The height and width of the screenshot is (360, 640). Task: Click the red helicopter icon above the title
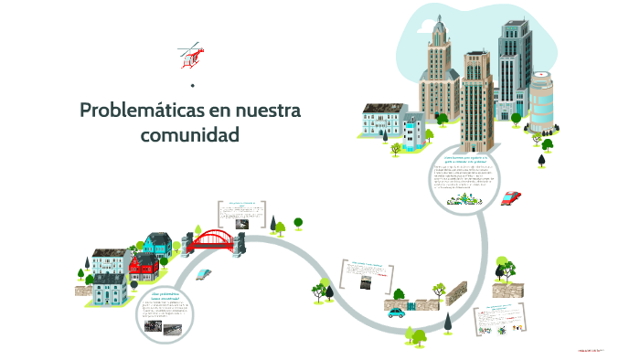tap(191, 56)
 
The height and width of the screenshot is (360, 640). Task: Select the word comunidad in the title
tap(189, 134)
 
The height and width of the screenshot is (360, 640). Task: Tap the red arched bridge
tap(215, 240)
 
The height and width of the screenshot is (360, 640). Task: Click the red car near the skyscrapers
tap(511, 196)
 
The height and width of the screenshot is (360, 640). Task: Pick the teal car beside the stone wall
tap(396, 312)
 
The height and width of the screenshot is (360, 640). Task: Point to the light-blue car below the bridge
tap(204, 273)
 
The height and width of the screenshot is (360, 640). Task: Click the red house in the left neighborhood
tap(143, 267)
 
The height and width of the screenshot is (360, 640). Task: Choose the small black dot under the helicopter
tap(192, 86)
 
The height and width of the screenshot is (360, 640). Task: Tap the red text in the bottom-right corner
tap(592, 348)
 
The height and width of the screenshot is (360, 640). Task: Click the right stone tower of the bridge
tap(243, 239)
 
